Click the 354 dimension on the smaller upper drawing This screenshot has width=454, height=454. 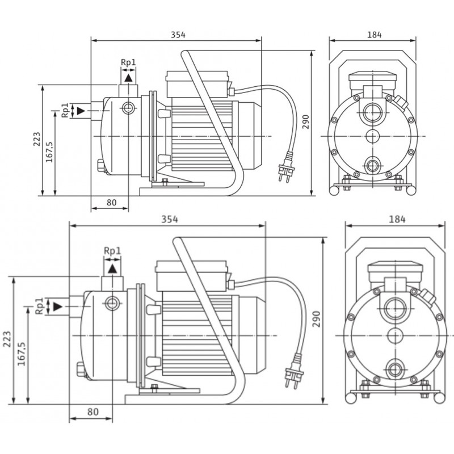pyautogui.click(x=178, y=34)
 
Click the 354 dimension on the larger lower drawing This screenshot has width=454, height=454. pyautogui.click(x=168, y=218)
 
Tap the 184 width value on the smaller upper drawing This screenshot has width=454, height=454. pyautogui.click(x=374, y=34)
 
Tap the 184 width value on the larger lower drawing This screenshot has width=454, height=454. pyautogui.click(x=395, y=218)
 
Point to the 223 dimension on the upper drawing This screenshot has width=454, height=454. pyautogui.click(x=36, y=140)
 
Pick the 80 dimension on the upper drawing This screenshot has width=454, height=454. pyautogui.click(x=111, y=203)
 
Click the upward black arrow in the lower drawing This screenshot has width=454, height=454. pyautogui.click(x=112, y=266)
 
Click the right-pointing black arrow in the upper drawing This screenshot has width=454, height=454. pyautogui.click(x=82, y=110)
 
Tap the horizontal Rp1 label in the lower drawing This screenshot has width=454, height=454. pyautogui.click(x=112, y=250)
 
